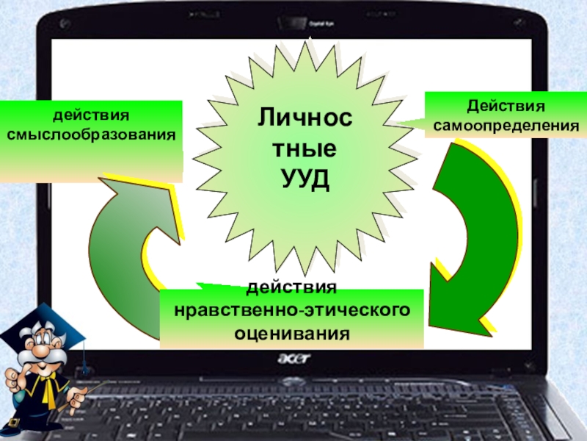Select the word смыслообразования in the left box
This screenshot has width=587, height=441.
[92, 136]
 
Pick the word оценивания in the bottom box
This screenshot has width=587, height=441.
[291, 333]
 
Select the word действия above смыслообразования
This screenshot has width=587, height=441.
[91, 116]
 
